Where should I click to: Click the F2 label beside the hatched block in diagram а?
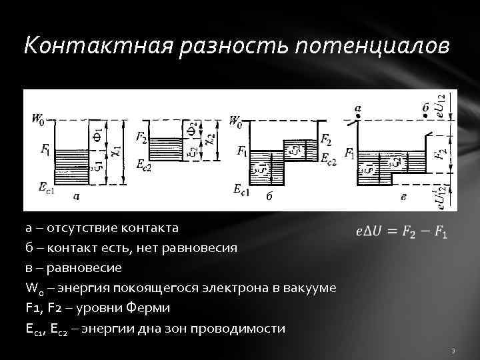141,137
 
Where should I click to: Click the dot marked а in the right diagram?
359,117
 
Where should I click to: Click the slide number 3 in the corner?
453,350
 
